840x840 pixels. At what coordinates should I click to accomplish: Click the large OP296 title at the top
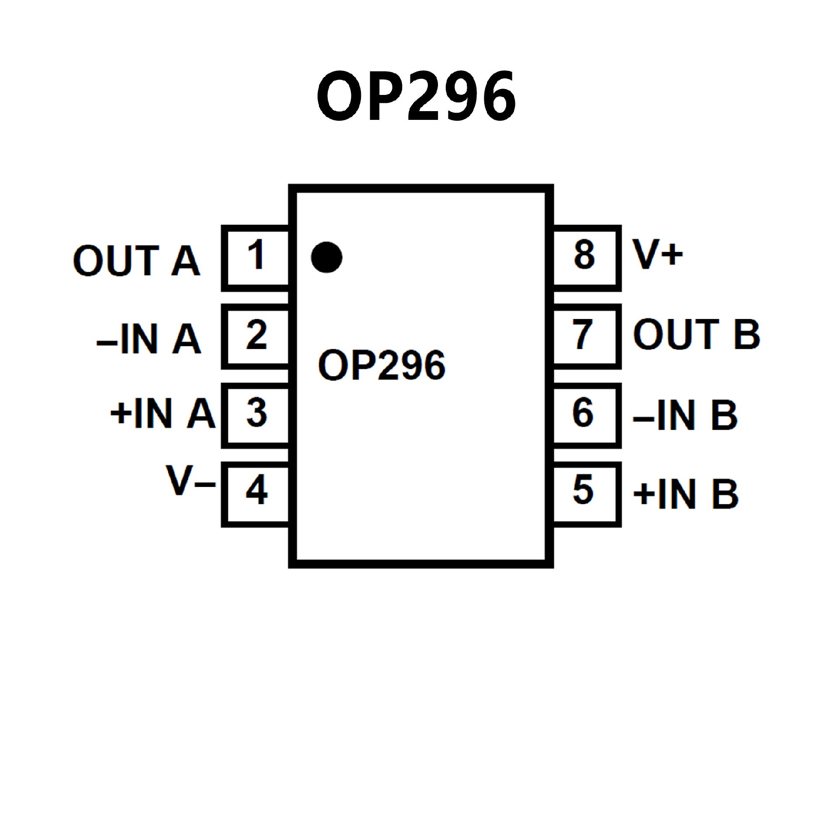coord(416,97)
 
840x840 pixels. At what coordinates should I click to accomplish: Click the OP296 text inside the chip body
coord(381,365)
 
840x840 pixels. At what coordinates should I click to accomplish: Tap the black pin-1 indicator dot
coord(326,257)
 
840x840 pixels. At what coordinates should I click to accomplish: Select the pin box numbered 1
coord(256,258)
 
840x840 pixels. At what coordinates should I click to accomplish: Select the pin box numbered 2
coord(256,336)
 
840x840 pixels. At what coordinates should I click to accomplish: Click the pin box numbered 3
coord(256,415)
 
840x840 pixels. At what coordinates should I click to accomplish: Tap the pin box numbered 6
coord(586,415)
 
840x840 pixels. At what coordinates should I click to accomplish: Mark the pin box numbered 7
coord(586,336)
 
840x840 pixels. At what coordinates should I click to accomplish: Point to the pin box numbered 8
coord(586,258)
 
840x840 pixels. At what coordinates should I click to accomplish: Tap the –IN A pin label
coord(149,339)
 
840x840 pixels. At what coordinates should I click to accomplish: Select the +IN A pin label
coord(163,414)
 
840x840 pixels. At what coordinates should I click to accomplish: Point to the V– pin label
coord(191,482)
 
